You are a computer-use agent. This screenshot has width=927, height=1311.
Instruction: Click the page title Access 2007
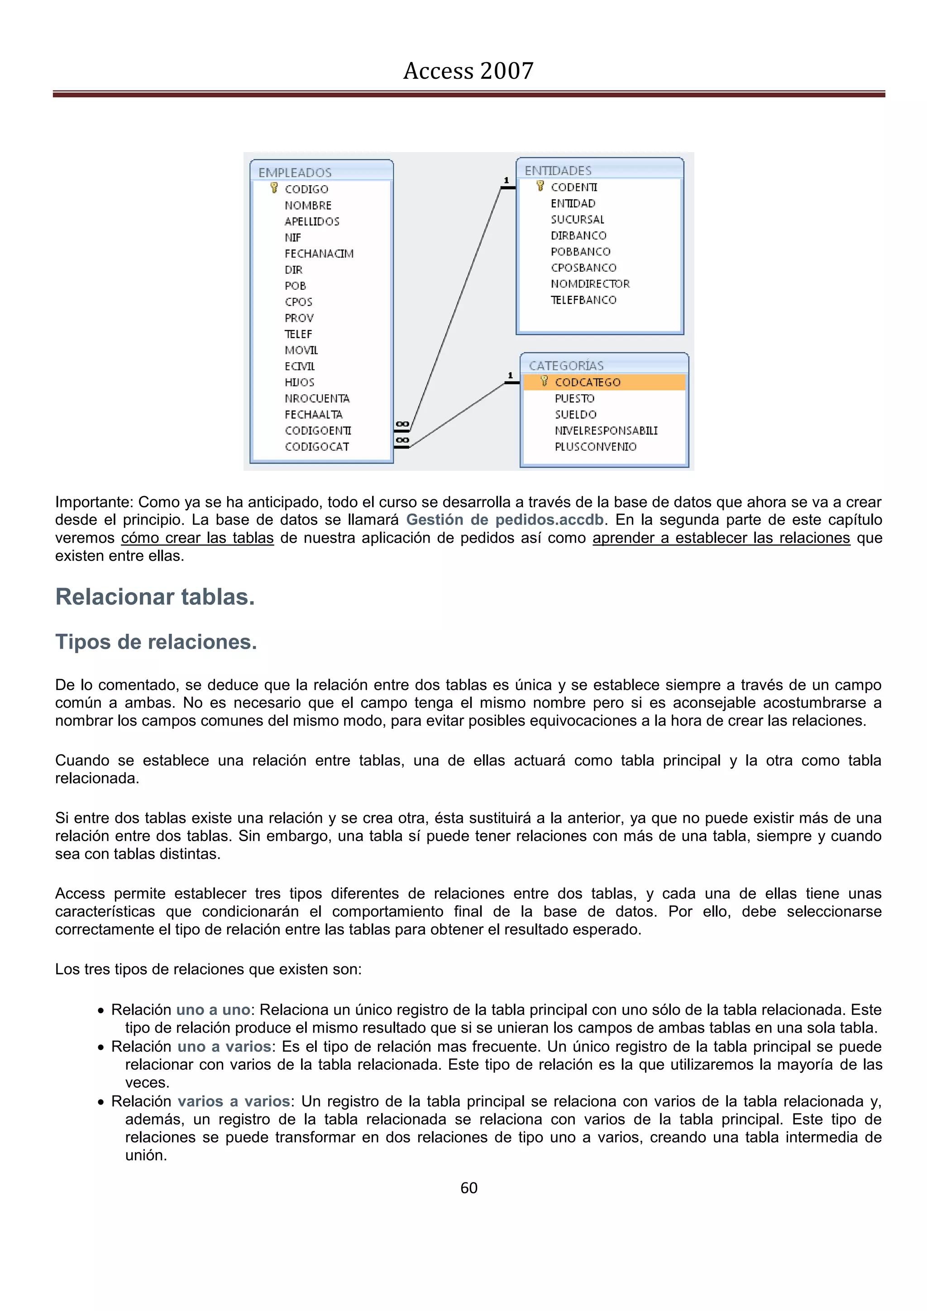(x=468, y=71)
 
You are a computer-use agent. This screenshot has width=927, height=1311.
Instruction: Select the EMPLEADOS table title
(x=295, y=172)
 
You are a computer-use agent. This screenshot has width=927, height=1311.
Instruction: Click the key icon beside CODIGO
(x=274, y=188)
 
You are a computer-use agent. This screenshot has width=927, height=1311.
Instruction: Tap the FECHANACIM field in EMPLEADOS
(x=319, y=254)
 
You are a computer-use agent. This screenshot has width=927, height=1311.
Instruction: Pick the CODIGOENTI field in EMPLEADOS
(x=317, y=431)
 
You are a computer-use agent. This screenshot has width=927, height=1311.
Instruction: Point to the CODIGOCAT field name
(x=316, y=446)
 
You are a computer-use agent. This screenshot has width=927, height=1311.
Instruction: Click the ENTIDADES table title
(x=557, y=171)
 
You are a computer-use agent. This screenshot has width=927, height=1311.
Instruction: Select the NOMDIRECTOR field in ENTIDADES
(x=590, y=284)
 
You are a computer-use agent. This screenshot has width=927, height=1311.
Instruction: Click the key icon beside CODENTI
(x=540, y=186)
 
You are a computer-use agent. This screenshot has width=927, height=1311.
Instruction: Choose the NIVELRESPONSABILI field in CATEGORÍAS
(x=606, y=431)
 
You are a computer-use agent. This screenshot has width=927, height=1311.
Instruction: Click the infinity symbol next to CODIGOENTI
(x=402, y=424)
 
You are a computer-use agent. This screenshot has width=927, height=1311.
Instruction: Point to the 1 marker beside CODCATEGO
(x=510, y=375)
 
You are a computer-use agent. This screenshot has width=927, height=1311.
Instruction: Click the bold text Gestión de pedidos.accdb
(x=505, y=520)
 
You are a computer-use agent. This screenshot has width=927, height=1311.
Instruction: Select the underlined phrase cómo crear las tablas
(x=197, y=538)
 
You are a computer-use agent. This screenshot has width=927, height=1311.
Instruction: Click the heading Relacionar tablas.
(x=155, y=597)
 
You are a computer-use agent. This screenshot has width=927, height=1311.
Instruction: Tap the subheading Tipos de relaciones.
(x=156, y=642)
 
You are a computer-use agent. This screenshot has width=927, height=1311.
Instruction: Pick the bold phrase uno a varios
(x=224, y=1046)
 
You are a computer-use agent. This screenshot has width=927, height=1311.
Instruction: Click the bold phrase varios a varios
(x=234, y=1101)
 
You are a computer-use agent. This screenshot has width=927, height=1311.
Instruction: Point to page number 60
(x=468, y=1188)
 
